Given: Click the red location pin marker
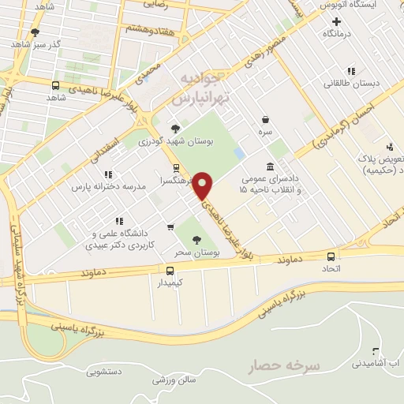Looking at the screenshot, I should click(203, 185).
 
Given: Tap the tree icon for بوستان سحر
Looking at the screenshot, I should click(196, 241).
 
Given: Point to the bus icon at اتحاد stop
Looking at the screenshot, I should click(331, 256).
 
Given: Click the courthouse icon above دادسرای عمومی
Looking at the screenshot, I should click(271, 166).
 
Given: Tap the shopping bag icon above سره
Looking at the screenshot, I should click(264, 120).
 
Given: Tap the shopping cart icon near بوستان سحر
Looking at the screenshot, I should click(170, 227).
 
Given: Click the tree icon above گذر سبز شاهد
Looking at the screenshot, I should click(35, 32).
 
